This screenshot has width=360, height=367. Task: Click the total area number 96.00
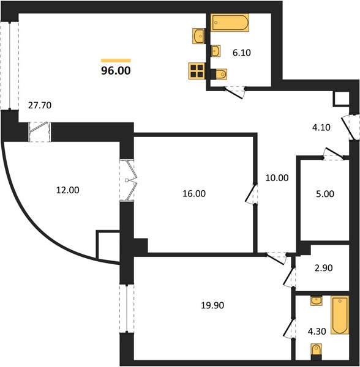point(116,71)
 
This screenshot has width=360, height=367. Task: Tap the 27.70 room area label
point(40,106)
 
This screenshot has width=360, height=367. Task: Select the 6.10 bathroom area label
point(242,53)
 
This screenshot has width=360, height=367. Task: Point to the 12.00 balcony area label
point(68,190)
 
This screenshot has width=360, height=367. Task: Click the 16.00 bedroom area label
point(194,194)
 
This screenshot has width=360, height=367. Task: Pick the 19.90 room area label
point(212,305)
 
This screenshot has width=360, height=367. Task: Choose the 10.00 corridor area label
point(277,178)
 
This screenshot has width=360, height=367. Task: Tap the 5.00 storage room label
point(325,194)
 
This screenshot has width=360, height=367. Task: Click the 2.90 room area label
point(324,268)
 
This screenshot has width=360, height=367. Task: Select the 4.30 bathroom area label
point(317,332)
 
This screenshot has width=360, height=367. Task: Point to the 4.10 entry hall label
point(321,128)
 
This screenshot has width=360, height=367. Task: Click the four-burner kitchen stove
point(197,71)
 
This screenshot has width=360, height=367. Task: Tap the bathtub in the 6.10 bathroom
point(230,23)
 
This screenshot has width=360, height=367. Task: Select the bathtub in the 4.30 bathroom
point(340,315)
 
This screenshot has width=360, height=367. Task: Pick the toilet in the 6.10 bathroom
point(219,74)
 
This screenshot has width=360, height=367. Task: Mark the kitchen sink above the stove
point(199,36)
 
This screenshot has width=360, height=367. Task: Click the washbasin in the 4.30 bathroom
point(316,300)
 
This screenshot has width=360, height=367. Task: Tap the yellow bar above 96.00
point(116,61)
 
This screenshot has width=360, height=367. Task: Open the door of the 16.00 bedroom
point(251,194)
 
